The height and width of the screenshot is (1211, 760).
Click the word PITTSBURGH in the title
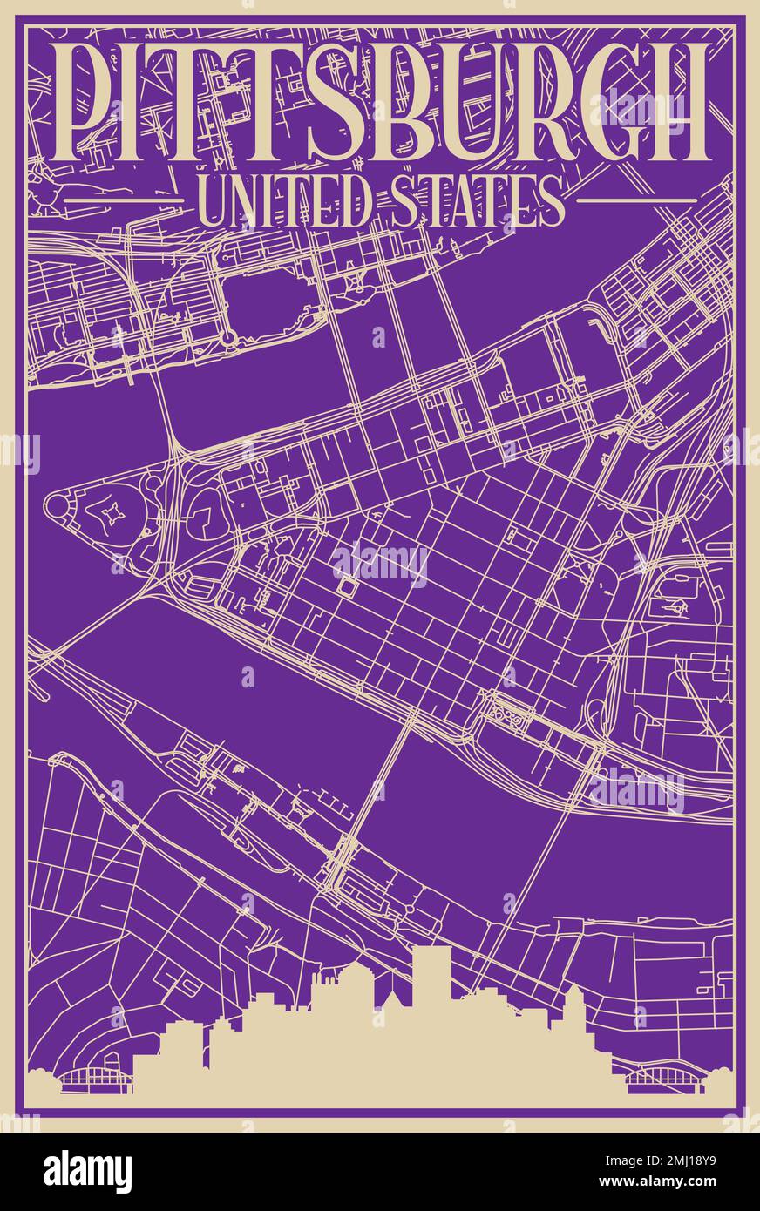pyautogui.click(x=380, y=102)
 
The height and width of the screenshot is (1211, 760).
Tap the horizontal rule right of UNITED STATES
pyautogui.click(x=637, y=200)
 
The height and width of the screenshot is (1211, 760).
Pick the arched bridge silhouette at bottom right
pyautogui.click(x=663, y=1080)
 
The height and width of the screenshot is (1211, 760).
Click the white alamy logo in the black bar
pyautogui.click(x=87, y=1172)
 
